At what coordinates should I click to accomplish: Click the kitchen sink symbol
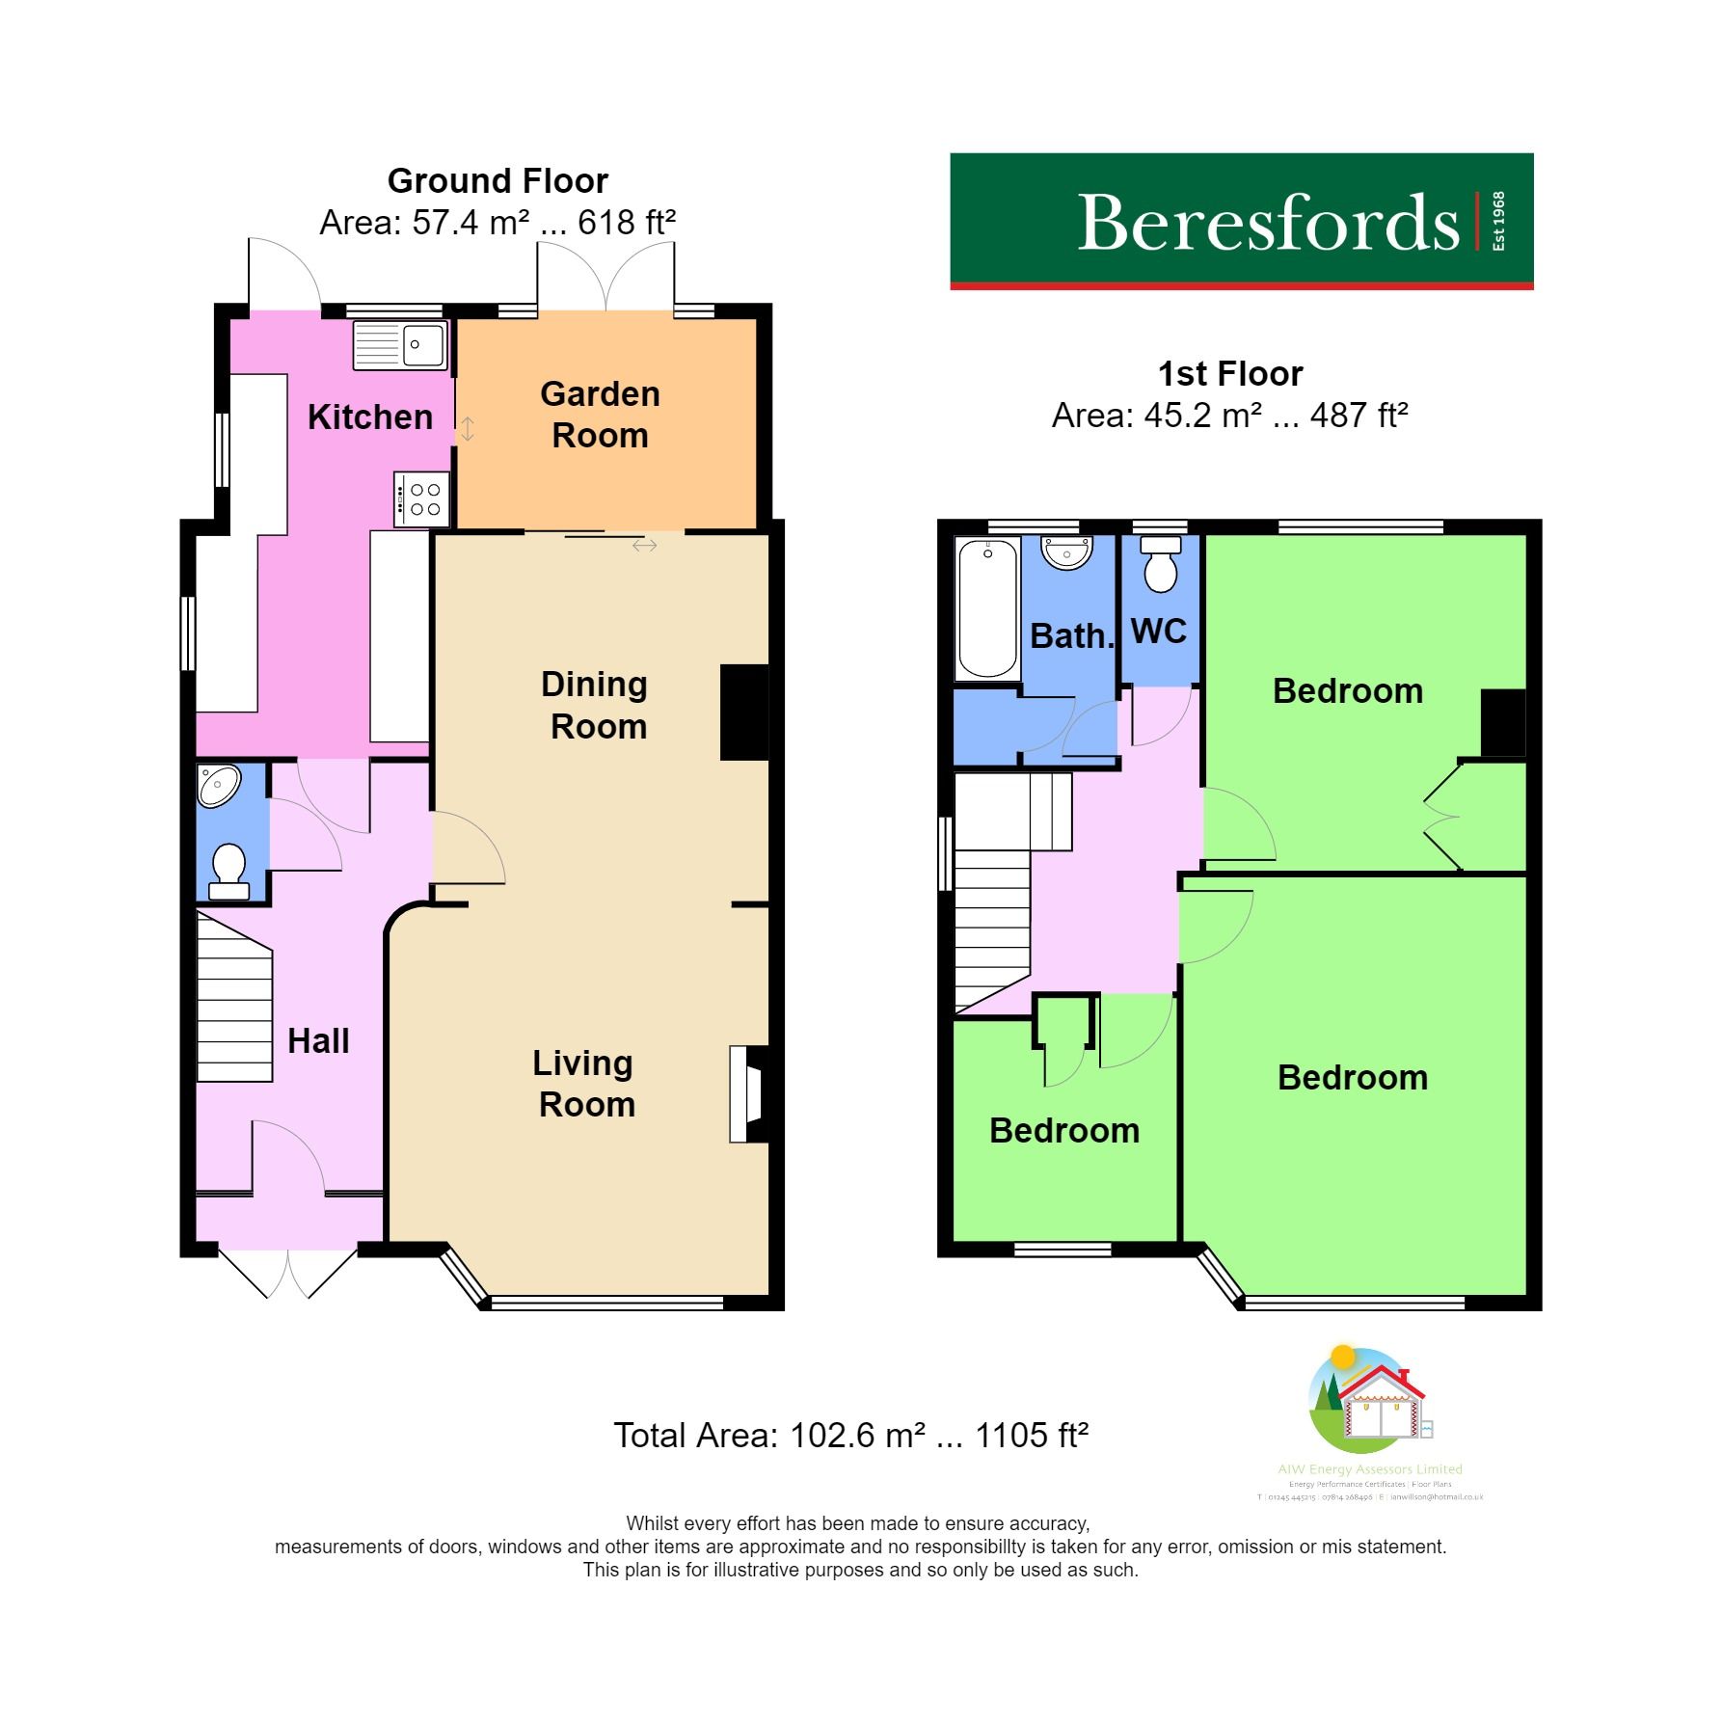pyautogui.click(x=400, y=345)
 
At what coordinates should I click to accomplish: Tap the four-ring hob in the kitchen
pyautogui.click(x=422, y=499)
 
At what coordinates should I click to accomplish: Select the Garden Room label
pyautogui.click(x=600, y=415)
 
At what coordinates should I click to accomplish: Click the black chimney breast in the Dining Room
pyautogui.click(x=744, y=713)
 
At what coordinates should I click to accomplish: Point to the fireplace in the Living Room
pyautogui.click(x=747, y=1094)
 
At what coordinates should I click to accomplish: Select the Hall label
pyautogui.click(x=318, y=1041)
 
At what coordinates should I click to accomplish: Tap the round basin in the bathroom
pyautogui.click(x=1066, y=552)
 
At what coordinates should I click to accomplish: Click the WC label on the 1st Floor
pyautogui.click(x=1158, y=632)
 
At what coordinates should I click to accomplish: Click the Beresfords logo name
pyautogui.click(x=1267, y=224)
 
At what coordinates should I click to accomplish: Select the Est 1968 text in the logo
pyautogui.click(x=1497, y=222)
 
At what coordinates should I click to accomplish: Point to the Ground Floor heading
pyautogui.click(x=498, y=181)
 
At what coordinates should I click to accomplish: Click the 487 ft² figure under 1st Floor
pyautogui.click(x=1359, y=416)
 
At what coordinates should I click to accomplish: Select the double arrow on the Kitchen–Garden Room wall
pyautogui.click(x=467, y=428)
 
